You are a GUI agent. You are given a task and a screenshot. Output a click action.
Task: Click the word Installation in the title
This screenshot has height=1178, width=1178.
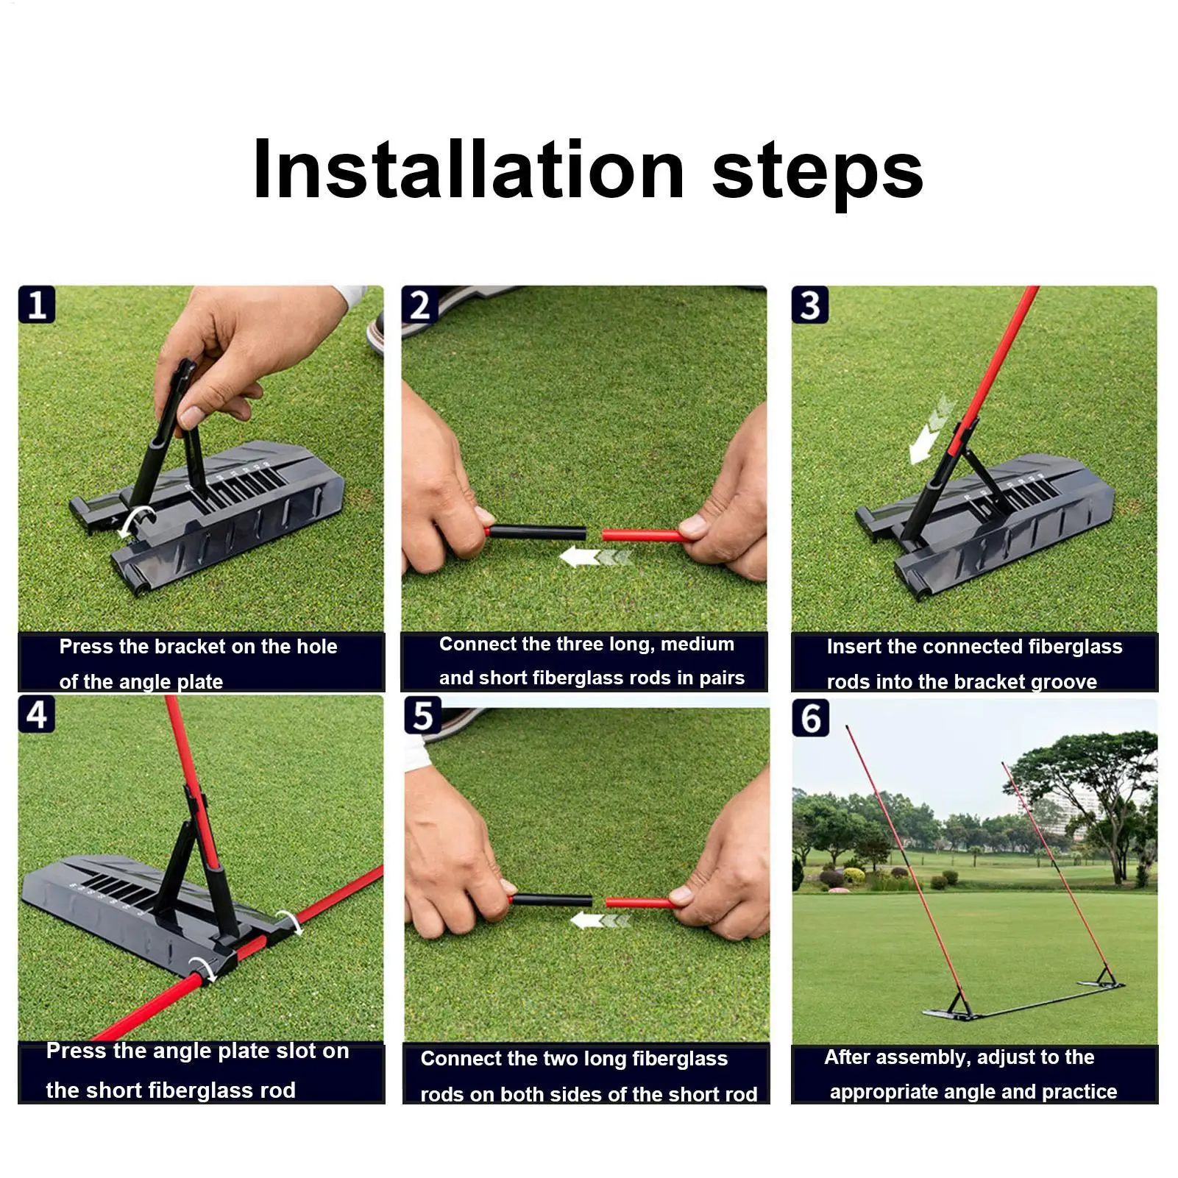click(469, 170)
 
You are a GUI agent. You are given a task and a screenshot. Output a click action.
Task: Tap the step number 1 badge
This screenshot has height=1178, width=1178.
click(37, 305)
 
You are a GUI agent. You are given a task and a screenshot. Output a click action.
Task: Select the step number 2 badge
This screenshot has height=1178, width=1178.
click(419, 305)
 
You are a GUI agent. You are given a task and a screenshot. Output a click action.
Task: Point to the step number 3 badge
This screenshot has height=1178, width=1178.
click(810, 305)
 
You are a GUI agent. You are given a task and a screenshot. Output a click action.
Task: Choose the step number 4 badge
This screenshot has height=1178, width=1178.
click(37, 714)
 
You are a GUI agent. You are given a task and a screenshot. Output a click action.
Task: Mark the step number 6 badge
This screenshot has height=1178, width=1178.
click(810, 717)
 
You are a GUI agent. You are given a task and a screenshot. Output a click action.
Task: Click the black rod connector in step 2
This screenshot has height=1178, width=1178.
click(537, 531)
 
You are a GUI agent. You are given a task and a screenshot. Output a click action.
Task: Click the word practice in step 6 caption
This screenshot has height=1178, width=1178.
click(1079, 1091)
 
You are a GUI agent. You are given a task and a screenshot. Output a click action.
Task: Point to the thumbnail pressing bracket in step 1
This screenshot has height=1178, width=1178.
click(193, 416)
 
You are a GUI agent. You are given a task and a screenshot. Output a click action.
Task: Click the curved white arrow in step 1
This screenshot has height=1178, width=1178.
click(135, 519)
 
